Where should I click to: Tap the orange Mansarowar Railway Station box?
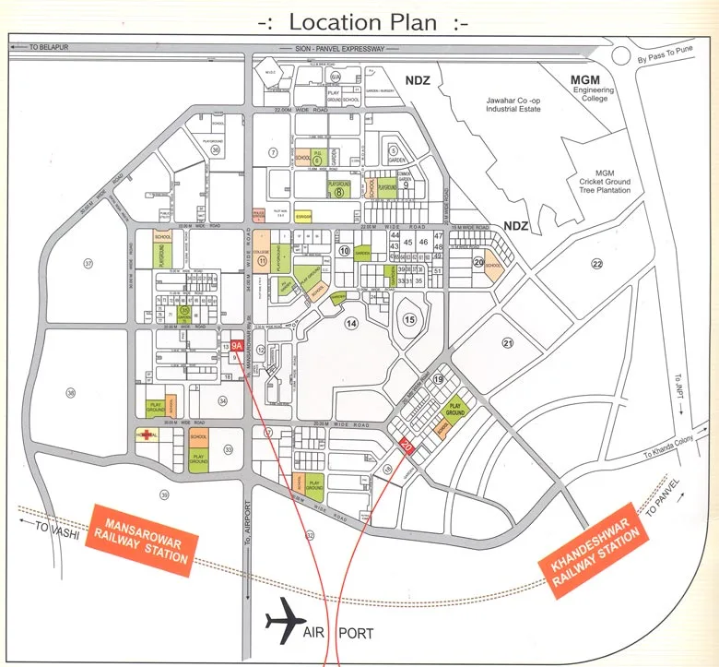click(x=142, y=540)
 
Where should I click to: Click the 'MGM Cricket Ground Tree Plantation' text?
click(x=605, y=182)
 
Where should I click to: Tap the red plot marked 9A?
click(x=237, y=345)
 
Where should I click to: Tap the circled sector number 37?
click(x=88, y=263)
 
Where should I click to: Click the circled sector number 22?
click(x=596, y=264)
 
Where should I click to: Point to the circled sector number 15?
click(x=410, y=319)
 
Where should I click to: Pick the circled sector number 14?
click(x=351, y=323)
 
